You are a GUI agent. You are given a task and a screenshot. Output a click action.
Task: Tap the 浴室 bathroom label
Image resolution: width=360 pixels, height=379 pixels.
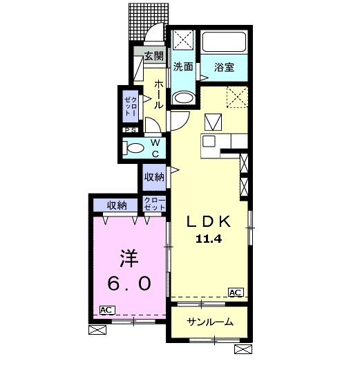click(224, 68)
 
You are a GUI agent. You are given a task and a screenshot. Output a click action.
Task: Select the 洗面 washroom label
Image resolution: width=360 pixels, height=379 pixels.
click(182, 68)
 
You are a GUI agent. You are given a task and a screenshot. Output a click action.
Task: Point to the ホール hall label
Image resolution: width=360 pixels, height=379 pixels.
click(158, 93)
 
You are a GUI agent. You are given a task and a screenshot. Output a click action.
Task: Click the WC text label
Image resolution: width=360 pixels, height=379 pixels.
click(155, 148)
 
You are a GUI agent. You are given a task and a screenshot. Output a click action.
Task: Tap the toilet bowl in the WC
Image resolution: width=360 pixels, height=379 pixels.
click(133, 147)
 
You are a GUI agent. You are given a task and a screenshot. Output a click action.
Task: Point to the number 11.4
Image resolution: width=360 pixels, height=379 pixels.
click(209, 239)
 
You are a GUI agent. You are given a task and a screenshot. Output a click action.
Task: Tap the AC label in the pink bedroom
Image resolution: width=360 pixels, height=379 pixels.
click(106, 310)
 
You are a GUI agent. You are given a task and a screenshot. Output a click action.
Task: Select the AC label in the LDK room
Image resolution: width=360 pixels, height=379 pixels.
click(235, 293)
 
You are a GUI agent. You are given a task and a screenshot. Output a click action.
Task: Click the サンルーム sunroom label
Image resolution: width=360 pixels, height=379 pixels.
click(207, 322)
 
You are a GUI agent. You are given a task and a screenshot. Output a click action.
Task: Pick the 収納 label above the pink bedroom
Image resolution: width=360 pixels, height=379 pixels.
click(117, 205)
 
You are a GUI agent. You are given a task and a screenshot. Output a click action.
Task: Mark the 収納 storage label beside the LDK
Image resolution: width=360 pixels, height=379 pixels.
click(154, 177)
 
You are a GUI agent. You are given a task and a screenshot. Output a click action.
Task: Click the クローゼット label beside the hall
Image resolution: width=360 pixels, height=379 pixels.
click(130, 107)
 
